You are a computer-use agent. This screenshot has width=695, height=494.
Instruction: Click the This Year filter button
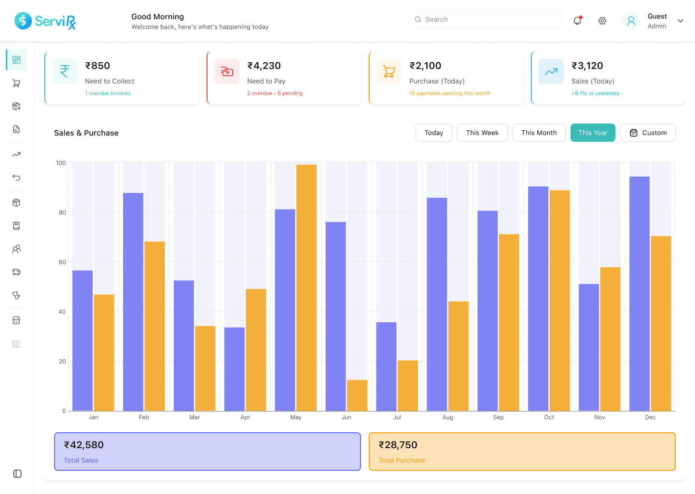click(593, 133)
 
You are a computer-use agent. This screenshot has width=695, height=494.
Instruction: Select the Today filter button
click(433, 133)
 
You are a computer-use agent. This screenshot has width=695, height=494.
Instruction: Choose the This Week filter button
click(482, 133)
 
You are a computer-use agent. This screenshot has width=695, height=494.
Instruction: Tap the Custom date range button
click(648, 133)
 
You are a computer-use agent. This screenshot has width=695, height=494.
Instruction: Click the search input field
click(485, 19)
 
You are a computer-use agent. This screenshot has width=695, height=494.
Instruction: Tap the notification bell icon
click(577, 21)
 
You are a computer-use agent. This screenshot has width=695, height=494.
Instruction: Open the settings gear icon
click(602, 21)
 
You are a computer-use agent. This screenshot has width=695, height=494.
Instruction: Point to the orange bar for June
click(357, 395)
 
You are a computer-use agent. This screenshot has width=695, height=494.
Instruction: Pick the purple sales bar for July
click(386, 366)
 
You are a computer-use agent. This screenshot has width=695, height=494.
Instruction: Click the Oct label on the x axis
click(549, 417)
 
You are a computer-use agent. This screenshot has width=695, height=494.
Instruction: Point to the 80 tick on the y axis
click(62, 212)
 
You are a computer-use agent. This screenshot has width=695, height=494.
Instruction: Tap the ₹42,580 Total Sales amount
click(84, 445)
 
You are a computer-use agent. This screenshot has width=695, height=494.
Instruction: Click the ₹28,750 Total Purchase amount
click(398, 445)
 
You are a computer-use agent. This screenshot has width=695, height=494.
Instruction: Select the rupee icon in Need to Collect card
click(65, 71)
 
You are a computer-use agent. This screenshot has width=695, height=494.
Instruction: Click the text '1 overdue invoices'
click(108, 93)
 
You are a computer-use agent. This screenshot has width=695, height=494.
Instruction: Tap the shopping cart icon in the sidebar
click(16, 83)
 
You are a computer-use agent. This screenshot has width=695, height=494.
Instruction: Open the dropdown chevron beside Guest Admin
click(681, 21)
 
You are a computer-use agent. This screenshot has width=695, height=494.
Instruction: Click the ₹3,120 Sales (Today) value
click(587, 66)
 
